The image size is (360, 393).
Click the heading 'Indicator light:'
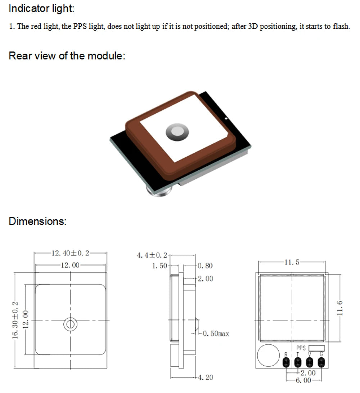tap(41, 9)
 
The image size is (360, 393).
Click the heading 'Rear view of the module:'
tap(67, 56)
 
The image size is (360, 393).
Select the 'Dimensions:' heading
tap(37, 221)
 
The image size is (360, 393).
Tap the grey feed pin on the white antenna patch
tap(177, 132)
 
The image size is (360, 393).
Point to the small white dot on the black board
tap(225, 118)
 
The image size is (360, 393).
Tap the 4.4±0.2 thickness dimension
tap(152, 255)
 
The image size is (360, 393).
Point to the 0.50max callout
tap(216, 334)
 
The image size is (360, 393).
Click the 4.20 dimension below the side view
tap(205, 377)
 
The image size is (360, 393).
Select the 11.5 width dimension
tap(292, 262)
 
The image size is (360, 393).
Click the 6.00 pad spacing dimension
tap(303, 380)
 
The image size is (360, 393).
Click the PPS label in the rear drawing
tap(301, 348)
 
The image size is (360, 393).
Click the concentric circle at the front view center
tap(70, 325)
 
